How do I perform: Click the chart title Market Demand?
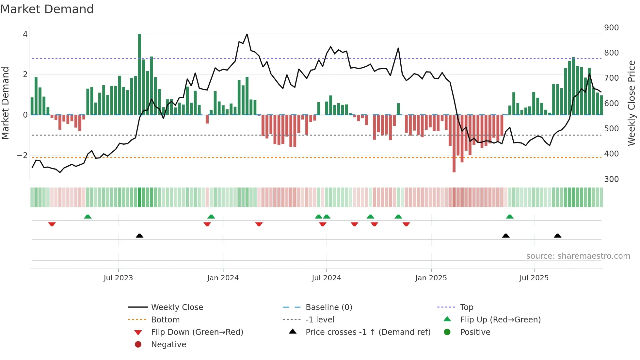(x=47, y=9)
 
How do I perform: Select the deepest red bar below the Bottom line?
(x=454, y=144)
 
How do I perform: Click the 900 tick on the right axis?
(x=611, y=28)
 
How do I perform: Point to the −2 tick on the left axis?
(x=22, y=155)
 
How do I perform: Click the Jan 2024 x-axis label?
(x=223, y=278)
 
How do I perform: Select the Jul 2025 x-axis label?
(x=534, y=278)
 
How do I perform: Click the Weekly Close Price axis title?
(x=632, y=103)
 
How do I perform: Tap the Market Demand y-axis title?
(x=5, y=103)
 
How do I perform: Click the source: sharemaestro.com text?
(x=578, y=256)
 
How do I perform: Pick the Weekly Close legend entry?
(x=177, y=307)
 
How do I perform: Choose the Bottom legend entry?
(x=165, y=320)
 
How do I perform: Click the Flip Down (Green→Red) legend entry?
(x=197, y=332)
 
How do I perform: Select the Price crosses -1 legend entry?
(x=368, y=332)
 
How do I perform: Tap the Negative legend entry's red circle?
(x=138, y=345)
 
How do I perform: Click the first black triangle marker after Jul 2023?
(x=139, y=236)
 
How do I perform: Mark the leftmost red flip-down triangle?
(x=52, y=224)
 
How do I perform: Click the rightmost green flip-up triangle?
(x=510, y=217)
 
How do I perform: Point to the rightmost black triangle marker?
(x=557, y=236)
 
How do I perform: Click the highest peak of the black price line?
(x=247, y=34)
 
